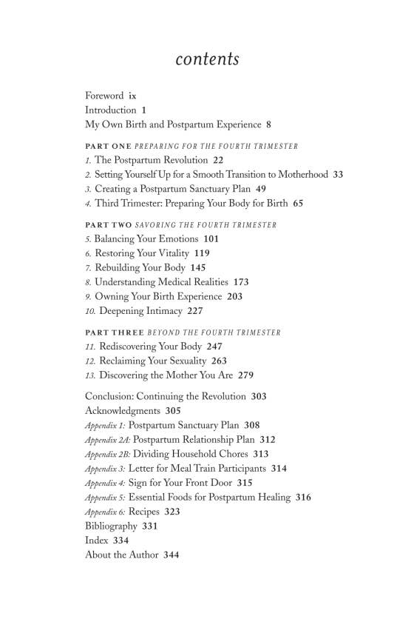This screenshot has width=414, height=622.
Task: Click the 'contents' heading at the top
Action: [207, 59]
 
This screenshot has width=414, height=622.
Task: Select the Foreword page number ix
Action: [132, 96]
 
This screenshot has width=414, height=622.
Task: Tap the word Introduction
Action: [110, 110]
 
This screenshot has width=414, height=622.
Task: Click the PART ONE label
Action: [108, 147]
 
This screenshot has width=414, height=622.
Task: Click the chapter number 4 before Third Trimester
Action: [88, 202]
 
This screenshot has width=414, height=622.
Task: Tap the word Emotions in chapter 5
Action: [172, 239]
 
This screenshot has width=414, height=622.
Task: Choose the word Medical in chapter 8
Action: [180, 282]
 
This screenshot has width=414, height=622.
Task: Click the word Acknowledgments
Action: [122, 411]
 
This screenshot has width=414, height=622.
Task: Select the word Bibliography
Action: [111, 526]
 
